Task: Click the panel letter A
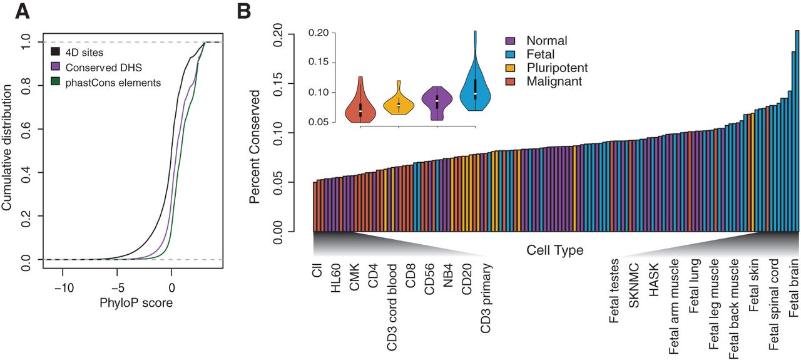click(x=23, y=12)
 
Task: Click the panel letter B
click(x=245, y=12)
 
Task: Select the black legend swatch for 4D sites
click(x=55, y=51)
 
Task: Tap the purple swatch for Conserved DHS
click(x=55, y=66)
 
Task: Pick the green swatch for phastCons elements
click(x=55, y=81)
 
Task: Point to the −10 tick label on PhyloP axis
click(x=64, y=288)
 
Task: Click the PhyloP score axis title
click(x=136, y=303)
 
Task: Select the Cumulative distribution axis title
click(x=7, y=147)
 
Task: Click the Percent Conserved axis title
click(x=255, y=147)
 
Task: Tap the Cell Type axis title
click(x=554, y=250)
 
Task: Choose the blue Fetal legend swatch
click(x=510, y=54)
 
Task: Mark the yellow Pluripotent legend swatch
click(x=510, y=68)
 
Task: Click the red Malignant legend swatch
click(x=510, y=81)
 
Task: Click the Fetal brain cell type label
click(x=793, y=288)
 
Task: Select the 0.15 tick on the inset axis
click(x=319, y=62)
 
